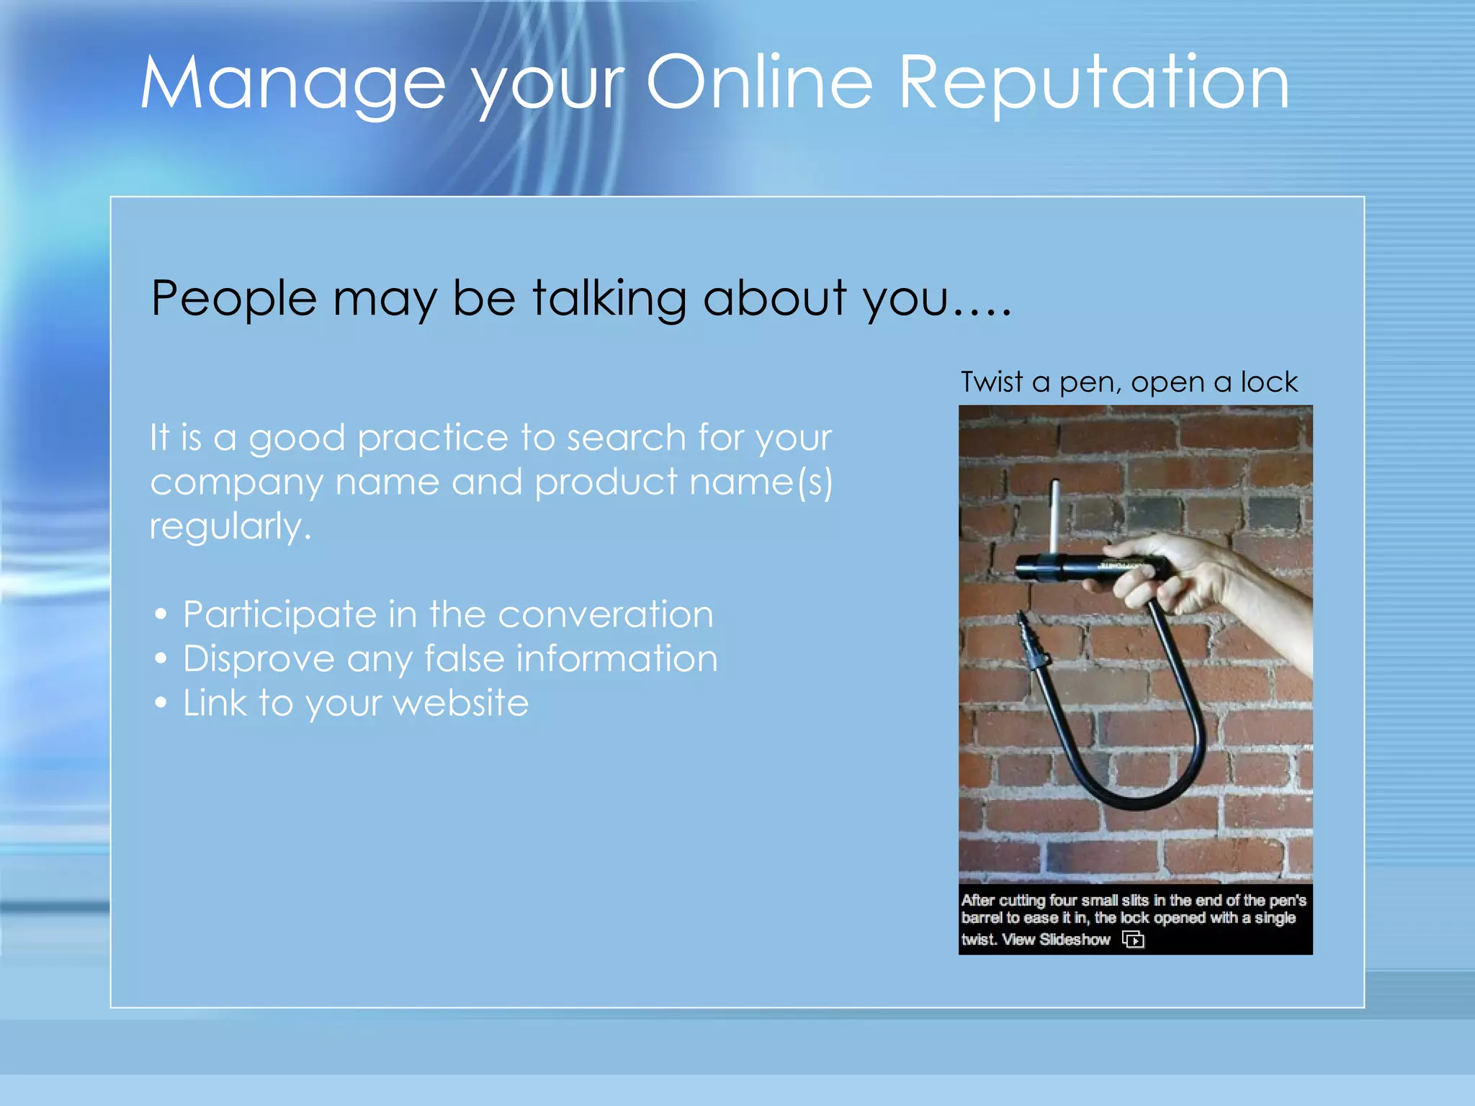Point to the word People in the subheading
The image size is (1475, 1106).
[233, 299]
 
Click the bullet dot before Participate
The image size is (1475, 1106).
[161, 614]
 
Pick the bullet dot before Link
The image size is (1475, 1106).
[161, 703]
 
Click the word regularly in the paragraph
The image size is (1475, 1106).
[230, 526]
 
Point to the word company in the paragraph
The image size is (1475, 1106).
[236, 482]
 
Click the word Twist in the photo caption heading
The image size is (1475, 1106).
[992, 381]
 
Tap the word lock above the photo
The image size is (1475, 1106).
[1269, 381]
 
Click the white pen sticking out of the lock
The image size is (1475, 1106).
[1055, 515]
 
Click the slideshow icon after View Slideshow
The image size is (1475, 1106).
[1133, 940]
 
